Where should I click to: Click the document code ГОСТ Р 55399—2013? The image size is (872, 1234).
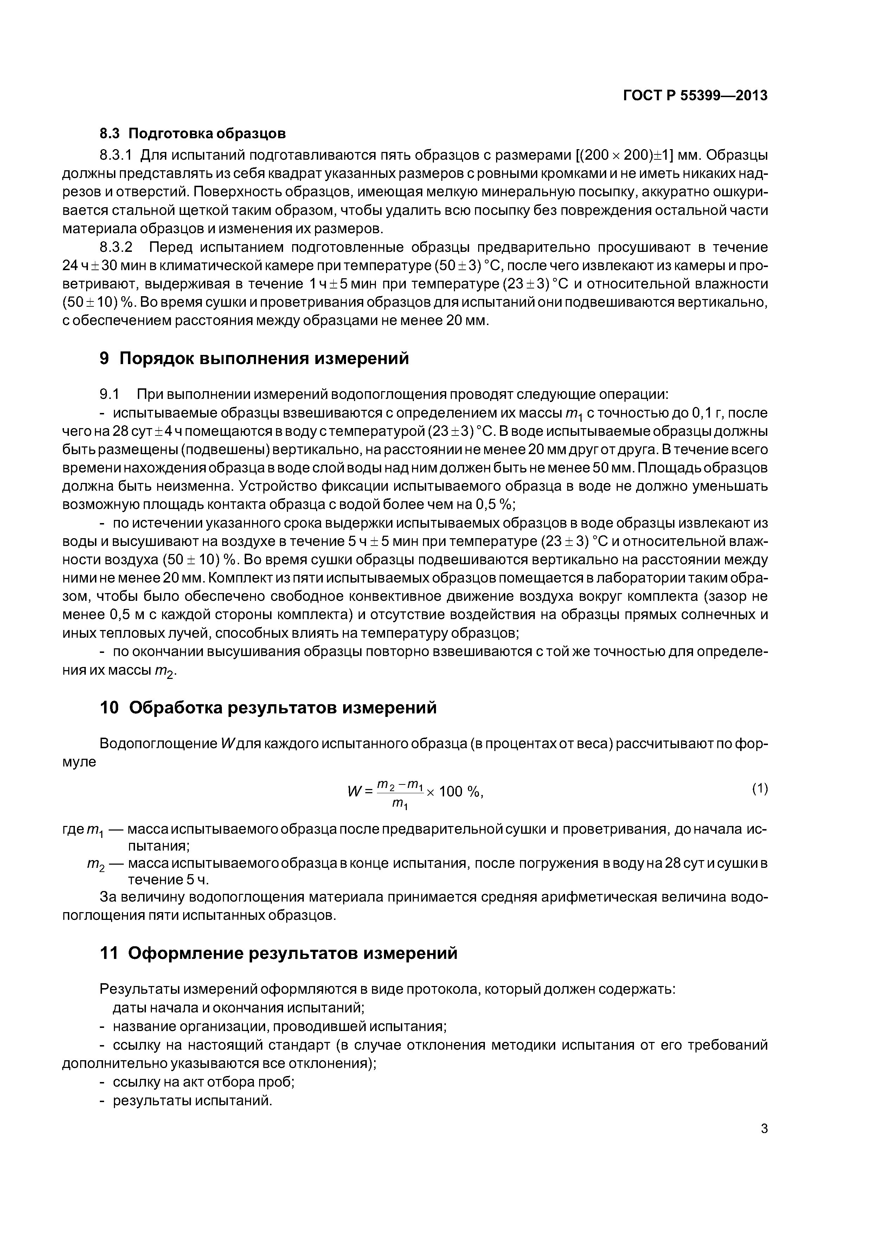[695, 96]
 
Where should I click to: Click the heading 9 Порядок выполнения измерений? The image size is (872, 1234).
[254, 358]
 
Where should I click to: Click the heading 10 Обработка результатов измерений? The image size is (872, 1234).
[268, 708]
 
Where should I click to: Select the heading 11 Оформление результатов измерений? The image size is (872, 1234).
[278, 953]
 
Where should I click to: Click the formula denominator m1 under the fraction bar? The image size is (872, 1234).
[400, 804]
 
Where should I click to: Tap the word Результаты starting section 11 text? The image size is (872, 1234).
[139, 990]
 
